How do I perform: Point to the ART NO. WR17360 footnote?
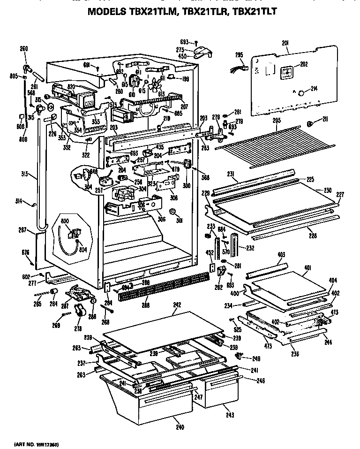[37, 443]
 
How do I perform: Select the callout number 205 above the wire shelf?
[277, 121]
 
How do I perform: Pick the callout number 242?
[176, 305]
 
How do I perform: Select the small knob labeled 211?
[310, 123]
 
